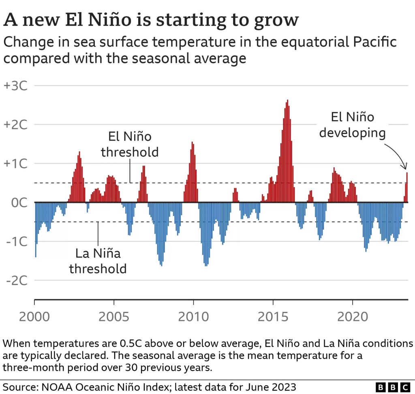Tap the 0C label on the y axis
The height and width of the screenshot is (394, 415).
click(19, 202)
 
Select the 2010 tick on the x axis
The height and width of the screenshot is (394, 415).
click(193, 316)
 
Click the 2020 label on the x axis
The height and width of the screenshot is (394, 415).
click(353, 316)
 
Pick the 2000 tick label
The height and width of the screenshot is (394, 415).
click(34, 316)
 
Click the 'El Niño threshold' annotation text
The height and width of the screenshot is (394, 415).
click(130, 144)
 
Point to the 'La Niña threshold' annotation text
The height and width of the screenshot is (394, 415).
click(98, 261)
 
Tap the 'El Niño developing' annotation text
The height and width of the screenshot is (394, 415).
click(352, 125)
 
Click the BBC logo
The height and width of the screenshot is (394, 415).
click(393, 388)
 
